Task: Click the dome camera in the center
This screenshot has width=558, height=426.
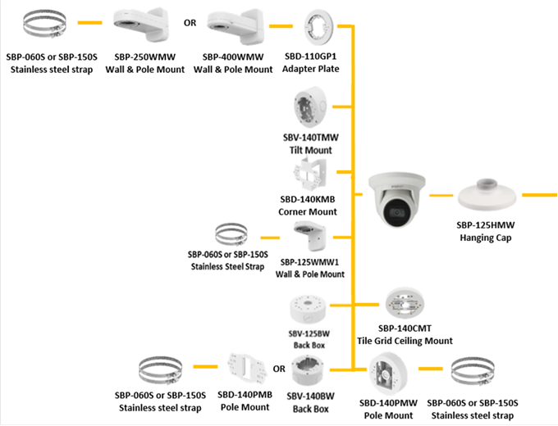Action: point(397,199)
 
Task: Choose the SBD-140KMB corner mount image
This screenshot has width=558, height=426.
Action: point(309,179)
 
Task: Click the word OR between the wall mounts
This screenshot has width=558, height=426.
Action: point(190,23)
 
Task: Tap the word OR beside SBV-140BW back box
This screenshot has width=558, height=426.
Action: point(279,369)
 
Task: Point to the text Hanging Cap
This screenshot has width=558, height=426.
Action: point(485,238)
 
